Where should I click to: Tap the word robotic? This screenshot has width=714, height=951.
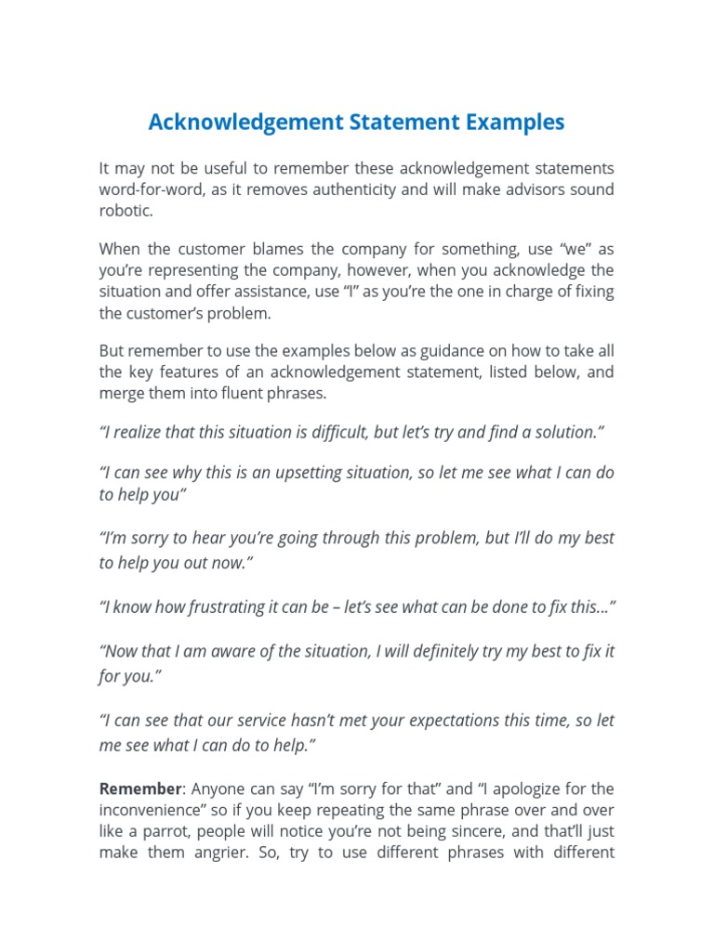pyautogui.click(x=125, y=211)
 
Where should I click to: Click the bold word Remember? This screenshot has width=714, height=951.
pyautogui.click(x=140, y=788)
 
